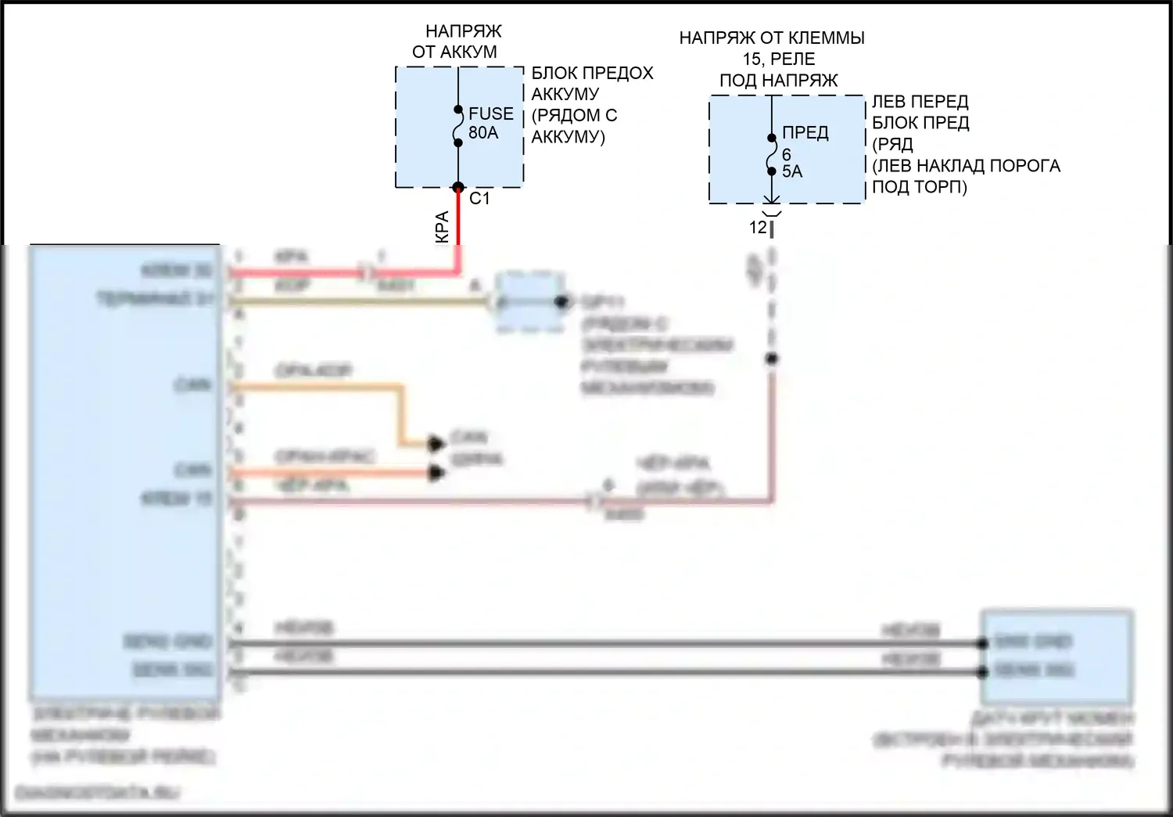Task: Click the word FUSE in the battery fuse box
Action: tap(490, 113)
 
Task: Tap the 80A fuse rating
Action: tap(483, 133)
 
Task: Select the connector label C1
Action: tap(479, 199)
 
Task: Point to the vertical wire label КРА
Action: tap(442, 227)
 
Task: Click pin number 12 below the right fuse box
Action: tap(758, 228)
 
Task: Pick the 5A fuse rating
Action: tap(792, 171)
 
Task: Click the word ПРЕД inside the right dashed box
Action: tap(805, 133)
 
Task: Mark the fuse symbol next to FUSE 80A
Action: tap(458, 127)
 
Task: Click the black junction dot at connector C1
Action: tap(458, 188)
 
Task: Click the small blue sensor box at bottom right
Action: tap(1056, 657)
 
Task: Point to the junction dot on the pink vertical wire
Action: tap(771, 359)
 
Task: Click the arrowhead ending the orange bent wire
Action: tap(436, 444)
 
